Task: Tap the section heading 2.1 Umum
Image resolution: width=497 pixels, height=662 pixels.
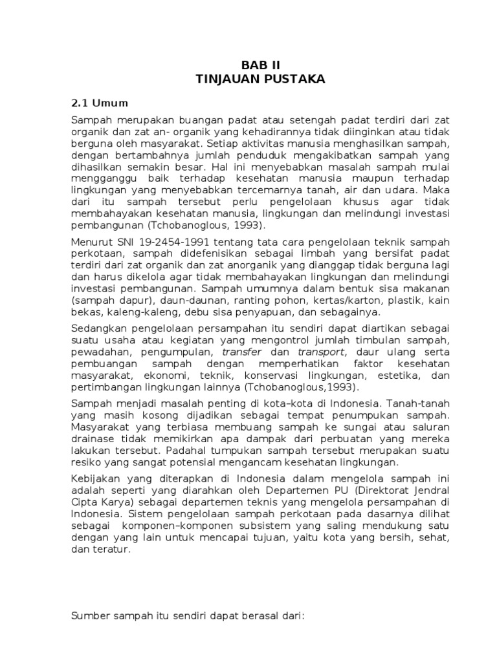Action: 99,103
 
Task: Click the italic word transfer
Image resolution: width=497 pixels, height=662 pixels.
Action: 241,352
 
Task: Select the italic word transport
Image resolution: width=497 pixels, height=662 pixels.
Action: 322,352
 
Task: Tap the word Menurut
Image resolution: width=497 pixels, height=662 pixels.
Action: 91,241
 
